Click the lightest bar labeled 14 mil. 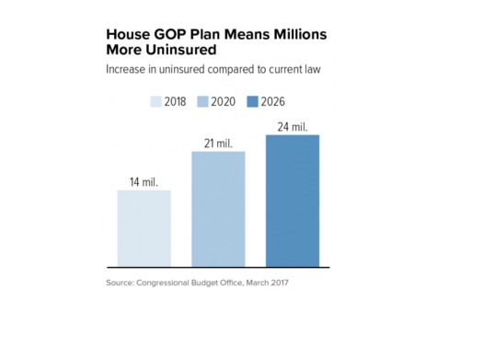pos(144,228)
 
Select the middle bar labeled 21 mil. pos(218,209)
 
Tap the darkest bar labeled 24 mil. pos(292,201)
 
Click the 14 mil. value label pos(144,181)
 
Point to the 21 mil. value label pos(218,142)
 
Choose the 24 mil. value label pos(292,125)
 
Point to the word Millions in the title pos(293,33)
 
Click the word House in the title pos(126,33)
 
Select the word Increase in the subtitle pos(128,70)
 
